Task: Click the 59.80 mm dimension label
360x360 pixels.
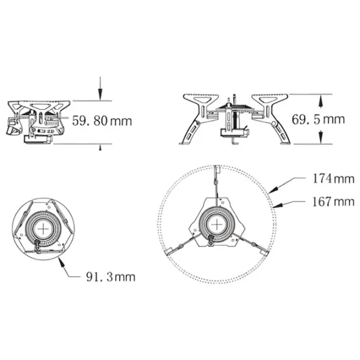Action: pyautogui.click(x=102, y=121)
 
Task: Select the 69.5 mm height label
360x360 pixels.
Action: pyautogui.click(x=318, y=119)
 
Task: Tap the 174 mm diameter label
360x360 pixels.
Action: pyautogui.click(x=334, y=179)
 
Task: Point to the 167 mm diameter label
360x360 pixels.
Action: pyautogui.click(x=334, y=202)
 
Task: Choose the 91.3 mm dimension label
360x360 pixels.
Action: pyautogui.click(x=110, y=277)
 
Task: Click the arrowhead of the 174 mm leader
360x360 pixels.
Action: pyautogui.click(x=273, y=190)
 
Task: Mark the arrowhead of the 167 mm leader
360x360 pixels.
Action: pyautogui.click(x=277, y=205)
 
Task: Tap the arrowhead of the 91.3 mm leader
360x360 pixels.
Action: pyautogui.click(x=61, y=262)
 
